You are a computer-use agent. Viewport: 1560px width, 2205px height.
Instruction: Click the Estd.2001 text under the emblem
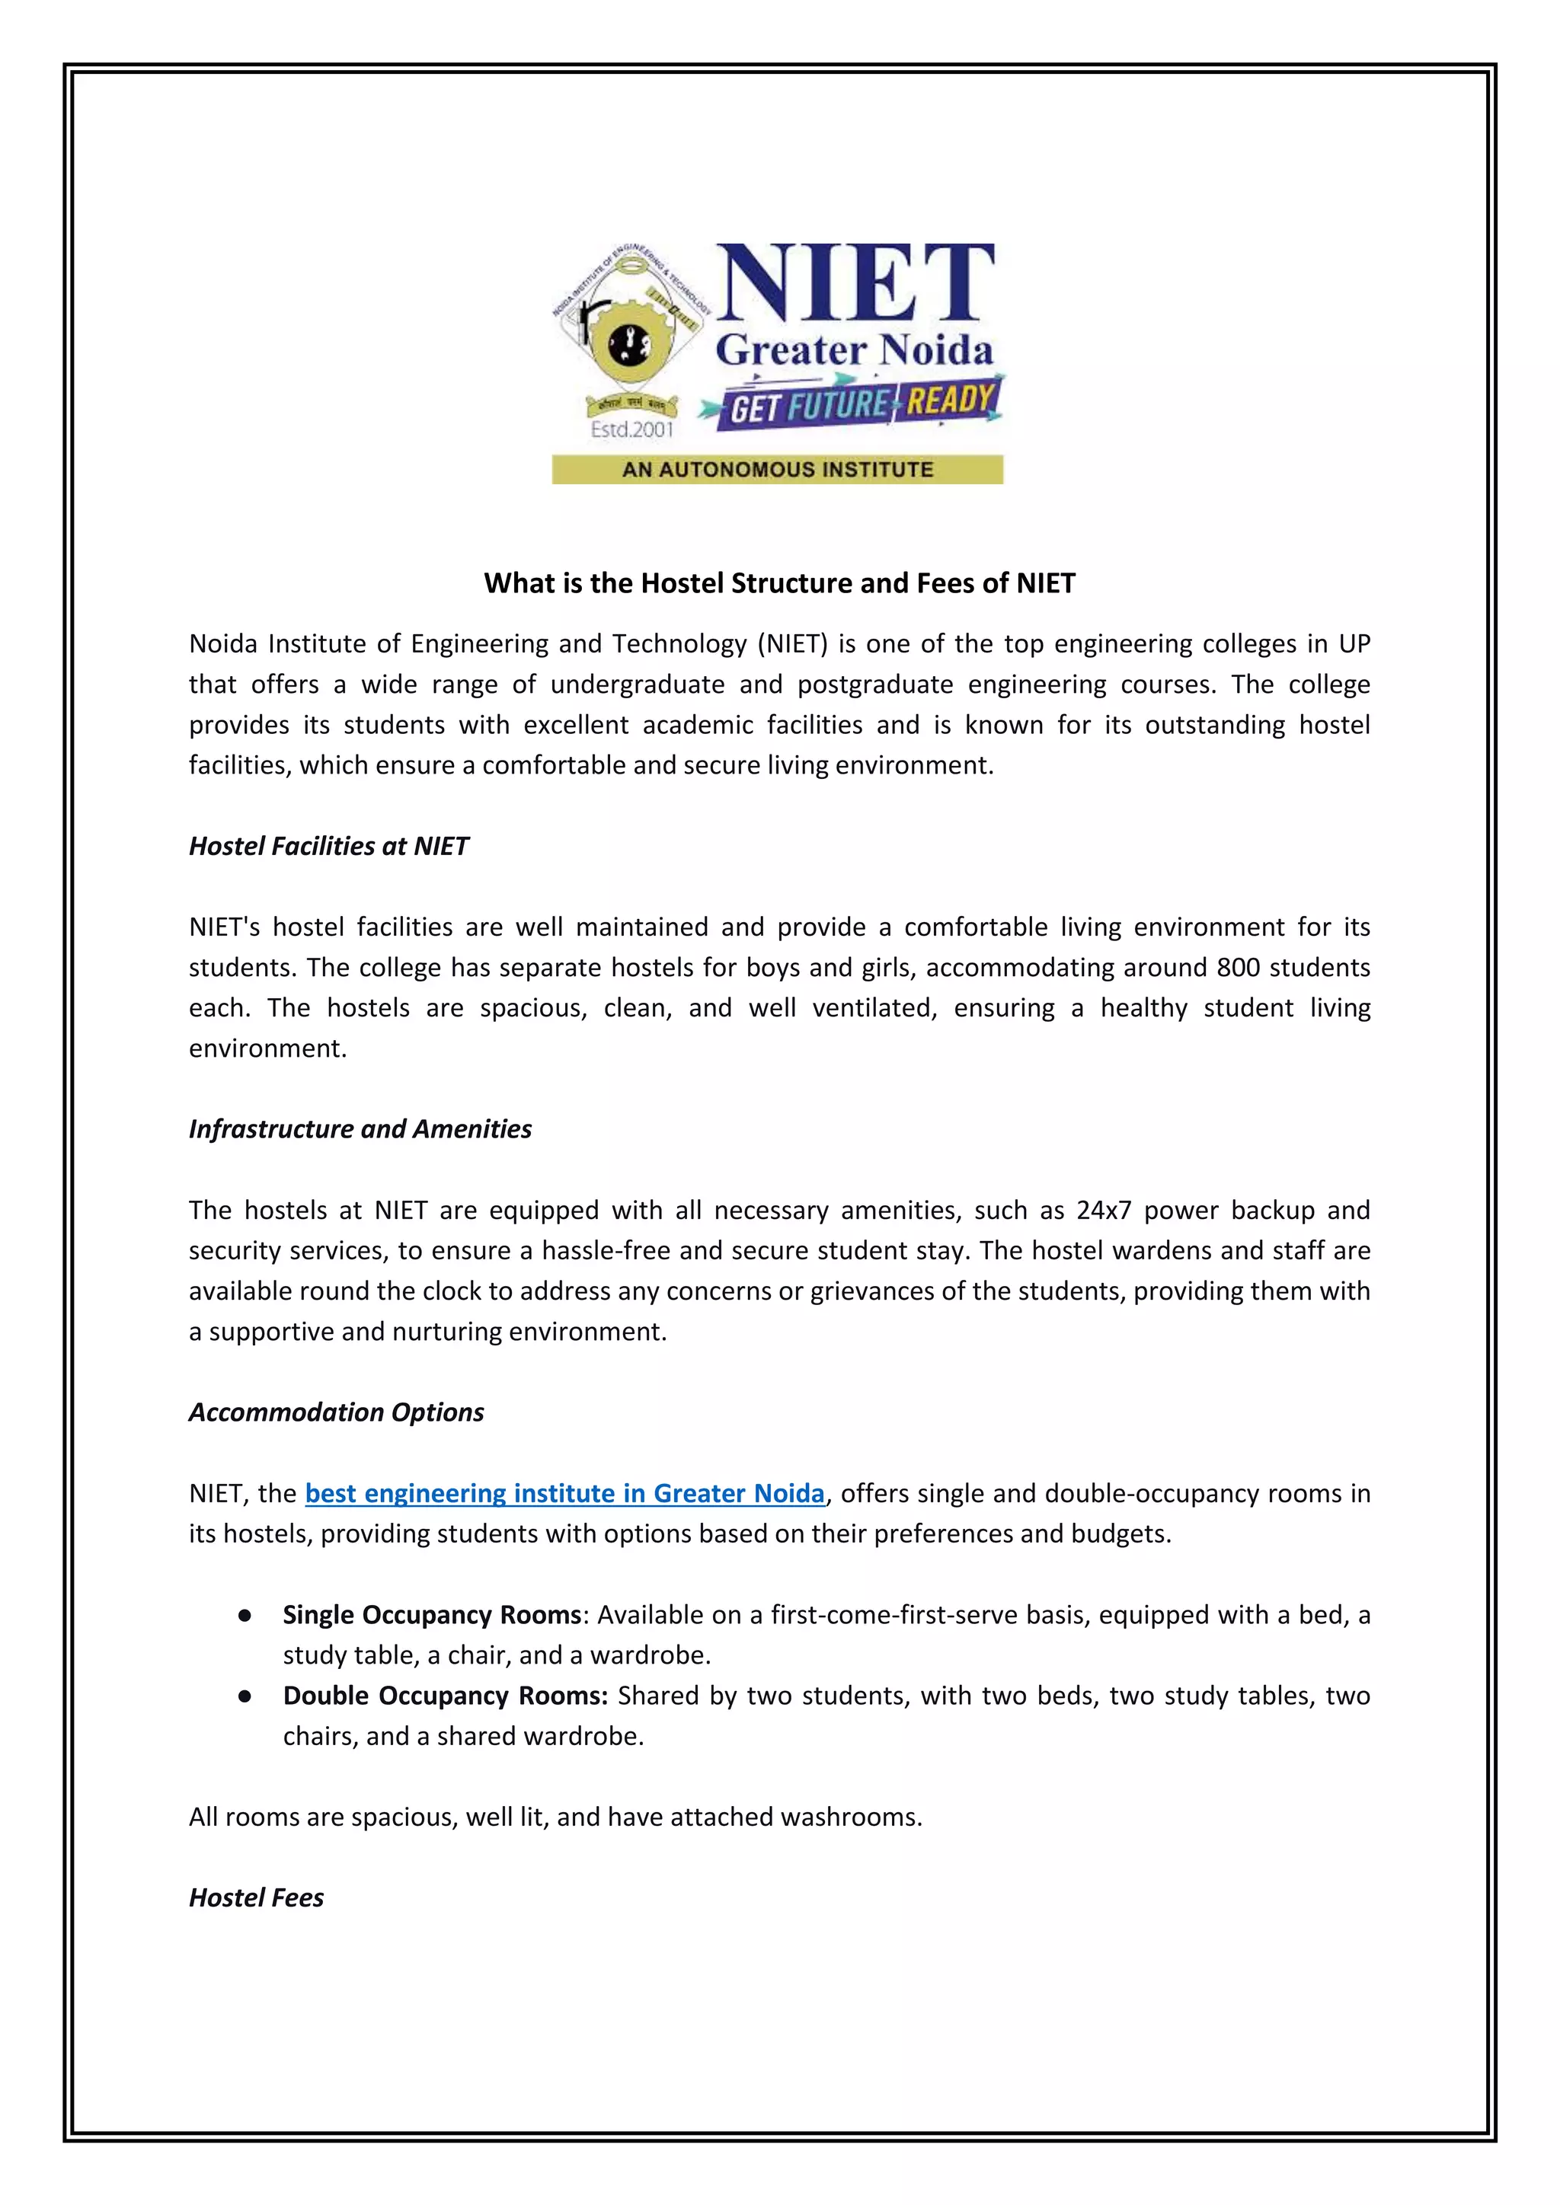pyautogui.click(x=631, y=429)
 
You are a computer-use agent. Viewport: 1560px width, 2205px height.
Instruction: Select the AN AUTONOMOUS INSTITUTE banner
pyautogui.click(x=777, y=470)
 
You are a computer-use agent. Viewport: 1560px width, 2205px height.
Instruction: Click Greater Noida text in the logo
pyautogui.click(x=853, y=350)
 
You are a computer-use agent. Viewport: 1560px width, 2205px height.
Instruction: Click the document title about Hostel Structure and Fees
pyautogui.click(x=779, y=583)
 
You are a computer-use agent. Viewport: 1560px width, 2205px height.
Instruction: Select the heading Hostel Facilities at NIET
pyautogui.click(x=328, y=846)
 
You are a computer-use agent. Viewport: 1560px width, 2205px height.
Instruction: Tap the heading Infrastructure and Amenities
pyautogui.click(x=360, y=1128)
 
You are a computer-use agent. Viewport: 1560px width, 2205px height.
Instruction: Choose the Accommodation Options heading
pyautogui.click(x=336, y=1412)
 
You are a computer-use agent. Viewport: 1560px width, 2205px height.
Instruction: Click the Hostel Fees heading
pyautogui.click(x=257, y=1897)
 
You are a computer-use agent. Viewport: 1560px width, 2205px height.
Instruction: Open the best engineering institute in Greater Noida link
pyautogui.click(x=565, y=1493)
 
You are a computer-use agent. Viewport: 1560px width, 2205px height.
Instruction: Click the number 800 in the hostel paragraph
pyautogui.click(x=1239, y=967)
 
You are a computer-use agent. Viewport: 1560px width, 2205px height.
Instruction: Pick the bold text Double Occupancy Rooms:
pyautogui.click(x=446, y=1695)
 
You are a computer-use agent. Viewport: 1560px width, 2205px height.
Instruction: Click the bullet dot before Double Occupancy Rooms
pyautogui.click(x=245, y=1696)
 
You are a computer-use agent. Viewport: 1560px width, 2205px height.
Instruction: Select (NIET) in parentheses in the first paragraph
pyautogui.click(x=792, y=643)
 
